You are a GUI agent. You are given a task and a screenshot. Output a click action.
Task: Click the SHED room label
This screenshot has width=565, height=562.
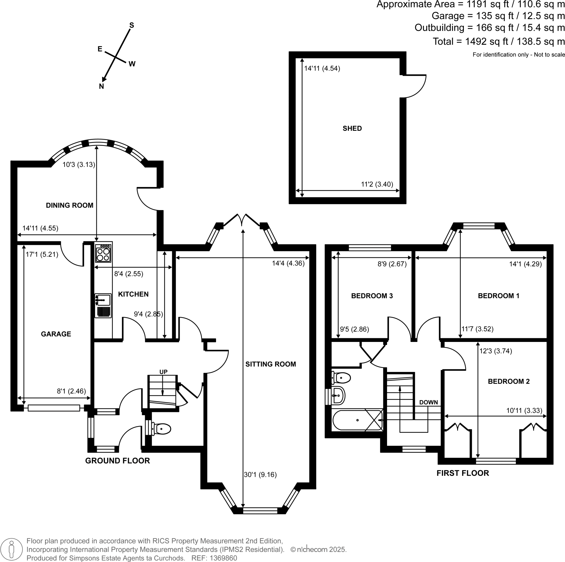[x=352, y=128]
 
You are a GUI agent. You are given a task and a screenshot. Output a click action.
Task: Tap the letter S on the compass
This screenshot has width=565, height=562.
[x=132, y=25]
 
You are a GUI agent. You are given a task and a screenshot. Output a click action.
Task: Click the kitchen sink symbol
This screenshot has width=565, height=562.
[x=103, y=300]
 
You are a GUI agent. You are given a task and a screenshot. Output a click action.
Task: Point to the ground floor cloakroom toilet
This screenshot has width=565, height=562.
[x=161, y=429]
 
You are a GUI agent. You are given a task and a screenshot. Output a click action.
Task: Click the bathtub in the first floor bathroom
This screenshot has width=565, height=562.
[x=357, y=420]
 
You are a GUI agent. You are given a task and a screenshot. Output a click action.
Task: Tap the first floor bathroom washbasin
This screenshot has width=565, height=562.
[x=338, y=395]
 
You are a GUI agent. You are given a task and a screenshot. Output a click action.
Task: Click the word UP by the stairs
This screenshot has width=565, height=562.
[x=163, y=372]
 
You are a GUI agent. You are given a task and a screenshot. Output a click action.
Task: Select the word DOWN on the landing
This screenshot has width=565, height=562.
[x=428, y=402]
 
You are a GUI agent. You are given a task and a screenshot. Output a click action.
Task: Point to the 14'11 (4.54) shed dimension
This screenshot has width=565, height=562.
[x=322, y=68]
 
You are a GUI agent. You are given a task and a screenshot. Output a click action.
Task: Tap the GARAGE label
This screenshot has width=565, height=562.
[x=56, y=334]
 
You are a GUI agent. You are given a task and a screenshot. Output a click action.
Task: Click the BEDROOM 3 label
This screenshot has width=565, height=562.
[x=372, y=296]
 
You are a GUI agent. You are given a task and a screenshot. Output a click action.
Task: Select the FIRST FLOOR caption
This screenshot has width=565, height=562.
[x=463, y=473]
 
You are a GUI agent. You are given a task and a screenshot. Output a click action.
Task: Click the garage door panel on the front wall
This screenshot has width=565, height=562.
[x=54, y=408]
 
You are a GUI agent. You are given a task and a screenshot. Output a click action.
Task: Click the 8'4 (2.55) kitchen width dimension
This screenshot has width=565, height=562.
[x=128, y=274]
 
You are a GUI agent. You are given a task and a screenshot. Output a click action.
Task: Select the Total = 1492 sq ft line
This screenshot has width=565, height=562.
[x=498, y=41]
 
